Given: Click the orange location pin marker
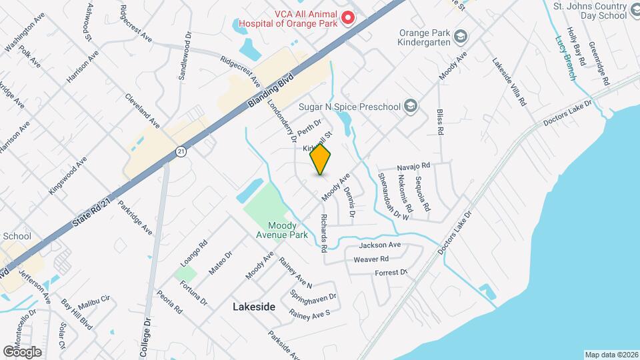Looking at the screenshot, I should tap(321, 159).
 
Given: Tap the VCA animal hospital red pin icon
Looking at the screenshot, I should tap(347, 19).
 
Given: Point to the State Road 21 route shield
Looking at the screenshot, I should tap(181, 152).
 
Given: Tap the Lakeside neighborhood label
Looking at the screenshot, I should tap(254, 307).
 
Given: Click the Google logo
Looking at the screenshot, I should tap(22, 351).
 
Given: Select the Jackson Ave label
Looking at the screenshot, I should tap(380, 245).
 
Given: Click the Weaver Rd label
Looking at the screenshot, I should tap(371, 259).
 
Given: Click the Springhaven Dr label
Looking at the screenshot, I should tap(313, 295).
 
